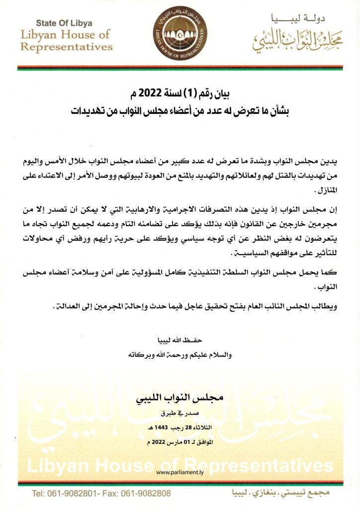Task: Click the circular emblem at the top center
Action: (x=180, y=32)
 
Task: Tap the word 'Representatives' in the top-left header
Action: (x=67, y=48)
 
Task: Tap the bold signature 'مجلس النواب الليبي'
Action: (x=180, y=399)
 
